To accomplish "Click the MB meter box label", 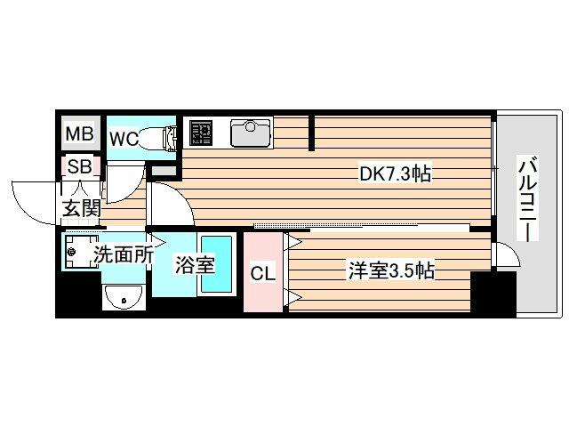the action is (79, 133).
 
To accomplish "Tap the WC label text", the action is (124, 139).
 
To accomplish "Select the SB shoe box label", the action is (79, 166).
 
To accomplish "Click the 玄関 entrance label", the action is (81, 208).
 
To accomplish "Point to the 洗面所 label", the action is (124, 254).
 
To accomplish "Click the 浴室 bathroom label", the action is (195, 264).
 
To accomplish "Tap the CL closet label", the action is (263, 273).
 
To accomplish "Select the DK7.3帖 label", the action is (395, 173).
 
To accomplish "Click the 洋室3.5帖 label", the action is (391, 270).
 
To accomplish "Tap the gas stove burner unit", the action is (200, 133).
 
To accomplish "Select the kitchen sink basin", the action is (251, 133).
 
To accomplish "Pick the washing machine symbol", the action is (81, 251).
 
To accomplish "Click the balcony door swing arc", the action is (512, 250).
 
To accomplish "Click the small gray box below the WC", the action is (163, 171).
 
